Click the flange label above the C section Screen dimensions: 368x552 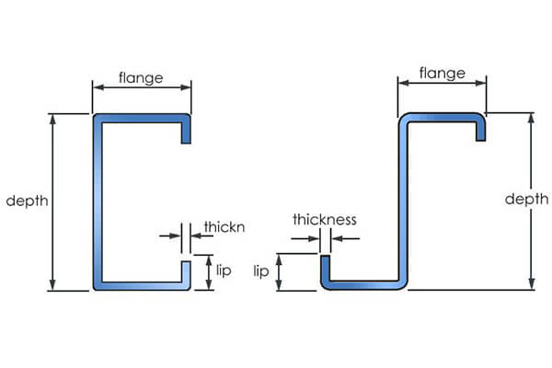[x=141, y=78]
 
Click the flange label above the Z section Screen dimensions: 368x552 [x=441, y=71]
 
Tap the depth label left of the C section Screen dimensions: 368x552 [x=26, y=201]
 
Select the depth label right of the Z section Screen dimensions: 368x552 [x=526, y=200]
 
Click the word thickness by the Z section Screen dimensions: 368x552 [x=324, y=220]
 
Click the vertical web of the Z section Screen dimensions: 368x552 [x=403, y=201]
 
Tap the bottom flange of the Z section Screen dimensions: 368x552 [x=363, y=283]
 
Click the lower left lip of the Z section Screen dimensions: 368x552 [x=324, y=271]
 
